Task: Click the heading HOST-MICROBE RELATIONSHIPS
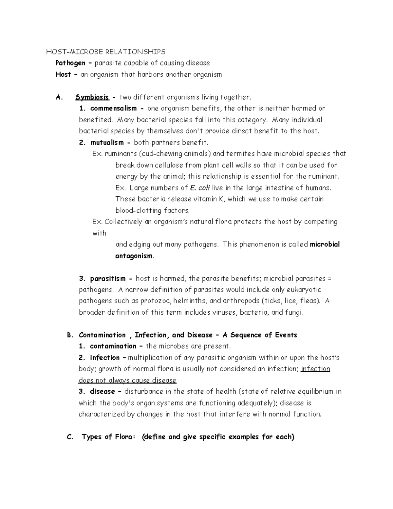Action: tap(105, 52)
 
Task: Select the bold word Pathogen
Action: tap(70, 63)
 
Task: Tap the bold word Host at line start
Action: tap(63, 74)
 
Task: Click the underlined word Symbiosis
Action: tap(92, 97)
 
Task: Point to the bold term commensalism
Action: tap(113, 108)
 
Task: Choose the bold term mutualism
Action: tap(107, 143)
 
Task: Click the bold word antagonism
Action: tap(134, 256)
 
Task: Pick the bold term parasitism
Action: tap(108, 279)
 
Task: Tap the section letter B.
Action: tap(69, 335)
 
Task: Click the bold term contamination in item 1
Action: tap(113, 346)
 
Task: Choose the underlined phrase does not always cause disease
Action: tap(127, 381)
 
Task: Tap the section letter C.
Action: tap(69, 437)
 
